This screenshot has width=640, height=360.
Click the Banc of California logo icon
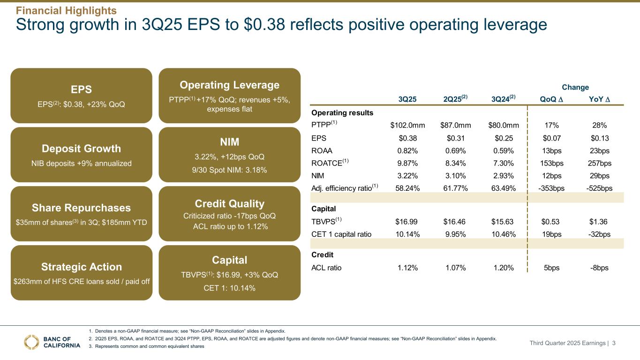tap(32, 342)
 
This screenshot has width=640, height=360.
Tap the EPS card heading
tap(81, 89)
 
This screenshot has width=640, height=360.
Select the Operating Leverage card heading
tap(229, 85)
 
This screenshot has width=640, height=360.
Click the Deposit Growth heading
tap(81, 149)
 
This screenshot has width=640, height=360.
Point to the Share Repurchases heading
tap(81, 208)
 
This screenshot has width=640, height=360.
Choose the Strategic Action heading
tap(81, 267)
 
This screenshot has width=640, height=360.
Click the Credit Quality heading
tap(229, 203)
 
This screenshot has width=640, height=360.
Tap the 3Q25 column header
tap(407, 98)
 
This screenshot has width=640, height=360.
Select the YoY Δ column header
tap(600, 98)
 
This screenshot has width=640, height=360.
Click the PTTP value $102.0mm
tap(407, 125)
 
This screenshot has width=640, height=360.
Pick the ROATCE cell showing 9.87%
tap(407, 163)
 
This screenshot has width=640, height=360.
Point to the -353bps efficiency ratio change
tap(552, 189)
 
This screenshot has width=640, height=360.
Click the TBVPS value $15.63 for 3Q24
tap(504, 221)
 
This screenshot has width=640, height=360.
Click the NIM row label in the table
tap(317, 176)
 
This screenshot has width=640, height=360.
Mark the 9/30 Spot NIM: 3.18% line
tap(229, 170)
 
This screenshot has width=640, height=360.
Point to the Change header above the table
tap(576, 87)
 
